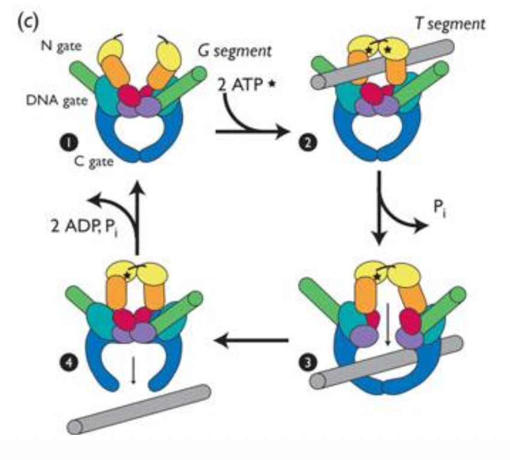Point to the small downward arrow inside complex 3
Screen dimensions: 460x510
(387, 323)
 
